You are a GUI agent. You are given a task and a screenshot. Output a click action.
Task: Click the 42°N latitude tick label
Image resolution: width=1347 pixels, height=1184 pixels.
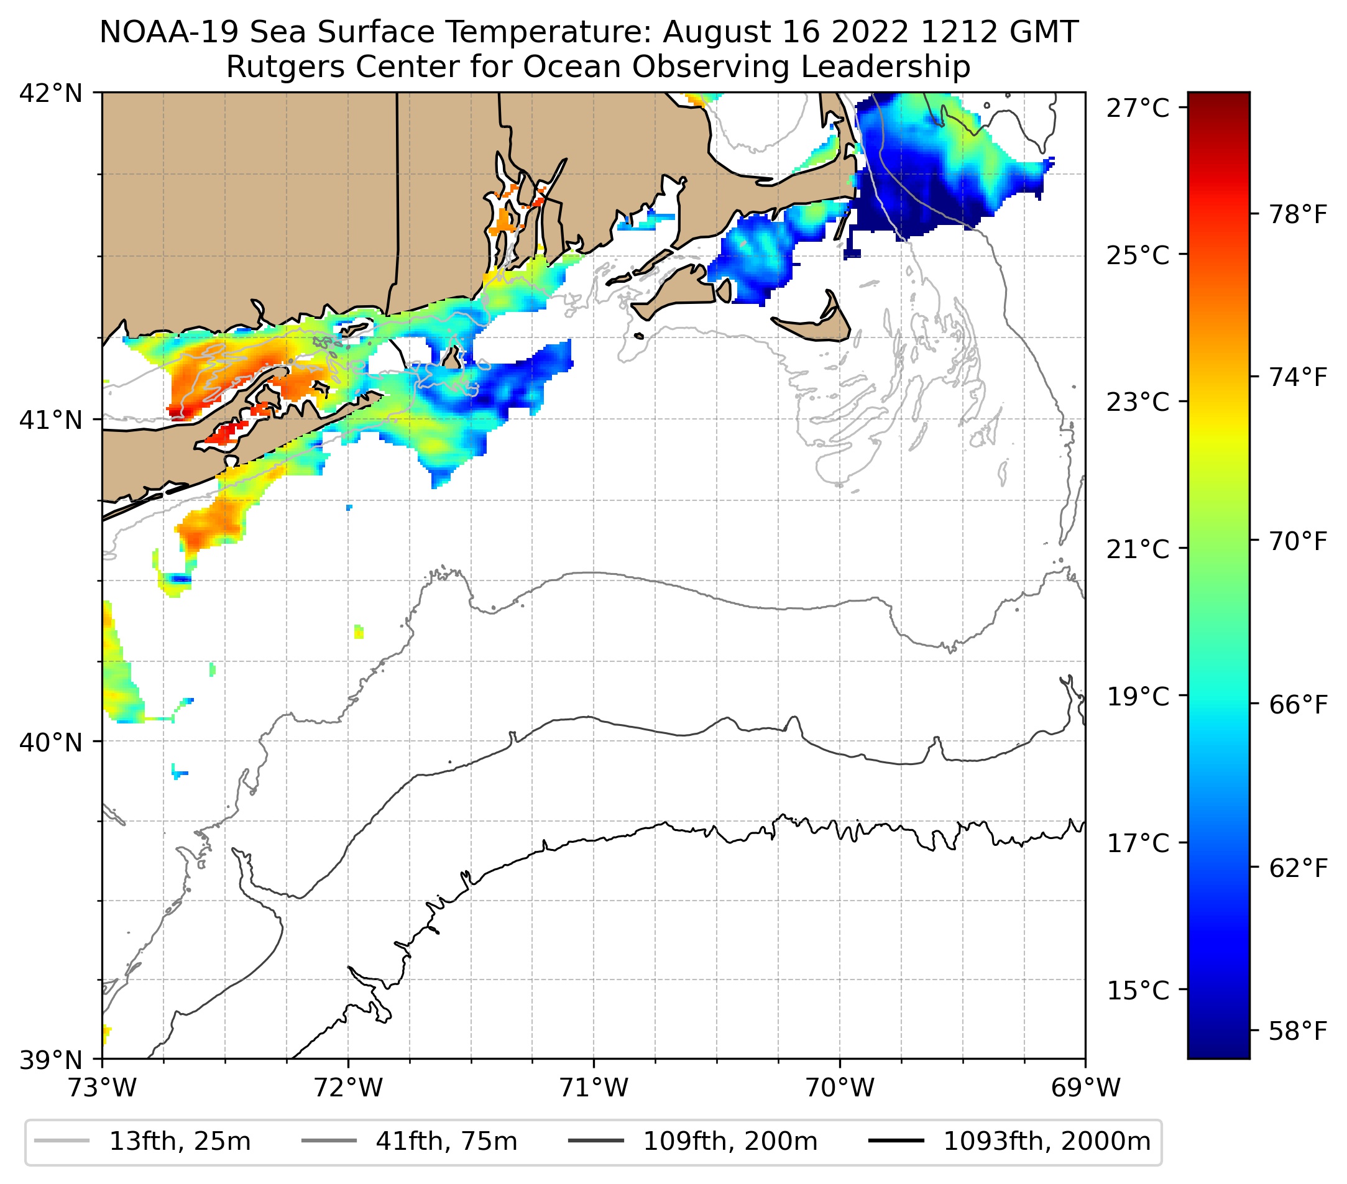coord(51,94)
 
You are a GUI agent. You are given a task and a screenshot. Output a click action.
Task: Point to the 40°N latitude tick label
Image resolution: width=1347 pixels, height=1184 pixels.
coord(51,742)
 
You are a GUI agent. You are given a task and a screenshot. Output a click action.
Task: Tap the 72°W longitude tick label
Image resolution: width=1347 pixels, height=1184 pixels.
coord(348,1088)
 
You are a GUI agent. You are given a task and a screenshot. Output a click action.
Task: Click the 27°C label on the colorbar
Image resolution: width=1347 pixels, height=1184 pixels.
coord(1138,108)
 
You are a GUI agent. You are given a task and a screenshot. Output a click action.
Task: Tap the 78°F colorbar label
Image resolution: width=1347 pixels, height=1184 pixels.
coord(1297,215)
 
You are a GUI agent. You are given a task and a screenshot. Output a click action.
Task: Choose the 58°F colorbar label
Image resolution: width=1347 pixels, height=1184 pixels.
coord(1297,1031)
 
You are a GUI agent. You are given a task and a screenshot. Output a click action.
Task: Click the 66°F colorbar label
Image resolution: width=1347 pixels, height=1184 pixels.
coord(1297,705)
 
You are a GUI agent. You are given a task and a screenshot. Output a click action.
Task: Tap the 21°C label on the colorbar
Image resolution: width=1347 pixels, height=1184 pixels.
coord(1138,549)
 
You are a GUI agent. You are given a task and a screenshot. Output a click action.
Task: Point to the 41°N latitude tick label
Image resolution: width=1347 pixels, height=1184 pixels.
coord(51,419)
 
